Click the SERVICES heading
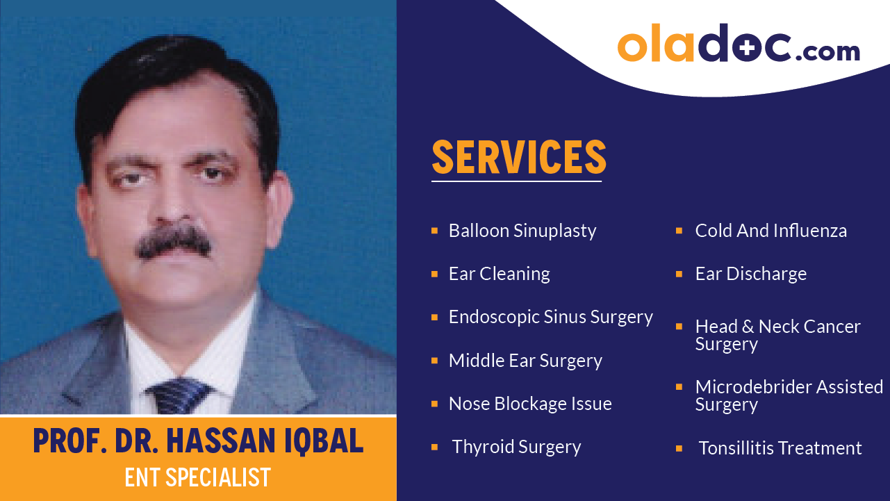(519, 157)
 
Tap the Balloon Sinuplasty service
(522, 231)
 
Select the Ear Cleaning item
(499, 274)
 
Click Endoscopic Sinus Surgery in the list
(550, 317)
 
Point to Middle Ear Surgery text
(525, 361)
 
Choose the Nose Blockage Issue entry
(530, 404)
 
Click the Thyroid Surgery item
(516, 447)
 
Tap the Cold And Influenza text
(770, 231)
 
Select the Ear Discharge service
(750, 274)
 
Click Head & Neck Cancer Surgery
(777, 335)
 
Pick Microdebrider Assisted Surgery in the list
(789, 395)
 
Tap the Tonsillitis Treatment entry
(780, 448)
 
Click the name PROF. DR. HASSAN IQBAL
(198, 441)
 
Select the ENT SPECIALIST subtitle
(198, 477)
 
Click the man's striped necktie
(179, 396)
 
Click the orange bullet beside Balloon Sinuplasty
(434, 230)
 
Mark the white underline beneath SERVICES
(516, 181)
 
